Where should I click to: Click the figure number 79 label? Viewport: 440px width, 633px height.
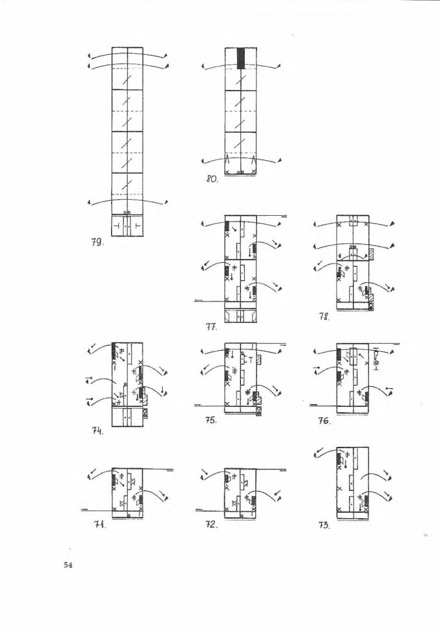[x=96, y=243]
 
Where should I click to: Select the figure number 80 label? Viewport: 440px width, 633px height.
[x=212, y=179]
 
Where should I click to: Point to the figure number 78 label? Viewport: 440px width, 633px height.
[x=324, y=317]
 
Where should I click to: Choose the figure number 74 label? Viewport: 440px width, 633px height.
[x=97, y=431]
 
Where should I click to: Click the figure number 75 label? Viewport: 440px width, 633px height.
[x=211, y=420]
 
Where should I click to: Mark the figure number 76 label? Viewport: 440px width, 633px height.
[x=324, y=421]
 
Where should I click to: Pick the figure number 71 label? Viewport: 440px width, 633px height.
[x=100, y=525]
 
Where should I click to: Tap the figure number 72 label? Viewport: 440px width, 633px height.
[x=212, y=525]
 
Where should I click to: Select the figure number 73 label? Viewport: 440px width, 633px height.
[x=324, y=525]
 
